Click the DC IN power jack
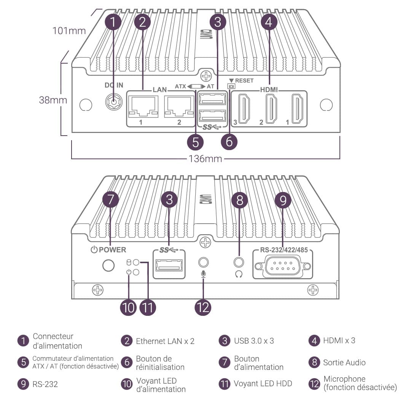pyautogui.click(x=113, y=102)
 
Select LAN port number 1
pyautogui.click(x=143, y=107)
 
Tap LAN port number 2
pyautogui.click(x=179, y=107)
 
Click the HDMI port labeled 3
pyautogui.click(x=244, y=109)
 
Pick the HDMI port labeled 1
pyautogui.click(x=298, y=109)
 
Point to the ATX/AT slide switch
pyautogui.click(x=196, y=86)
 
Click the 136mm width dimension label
pyautogui.click(x=205, y=159)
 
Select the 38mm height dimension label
pyautogui.click(x=53, y=100)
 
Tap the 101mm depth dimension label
pyautogui.click(x=69, y=31)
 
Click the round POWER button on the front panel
pyautogui.click(x=108, y=266)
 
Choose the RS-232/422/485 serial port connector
pyautogui.click(x=282, y=267)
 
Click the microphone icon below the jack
pyautogui.click(x=203, y=274)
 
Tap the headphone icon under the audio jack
pyautogui.click(x=239, y=274)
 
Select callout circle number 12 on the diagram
pyautogui.click(x=203, y=307)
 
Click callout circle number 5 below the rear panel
pyautogui.click(x=196, y=142)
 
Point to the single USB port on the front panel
pyautogui.click(x=169, y=265)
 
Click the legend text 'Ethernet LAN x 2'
pyautogui.click(x=165, y=341)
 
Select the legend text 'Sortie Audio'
pyautogui.click(x=344, y=362)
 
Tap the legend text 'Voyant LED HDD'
pyautogui.click(x=263, y=384)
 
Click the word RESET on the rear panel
pyautogui.click(x=244, y=81)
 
